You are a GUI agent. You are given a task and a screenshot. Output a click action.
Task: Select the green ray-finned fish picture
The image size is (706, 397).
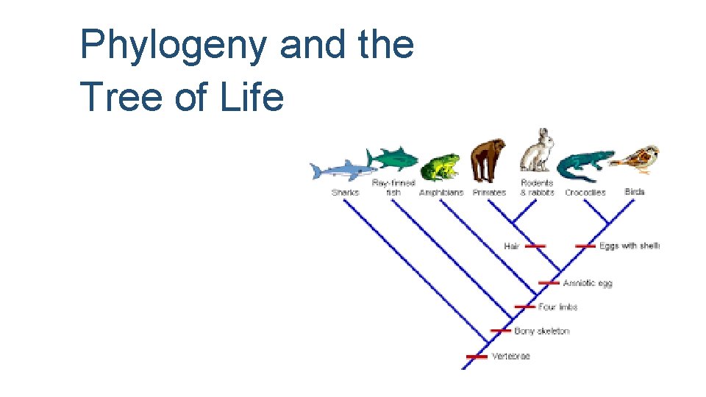pyautogui.click(x=393, y=159)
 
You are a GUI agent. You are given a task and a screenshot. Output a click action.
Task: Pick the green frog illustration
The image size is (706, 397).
pyautogui.click(x=440, y=168)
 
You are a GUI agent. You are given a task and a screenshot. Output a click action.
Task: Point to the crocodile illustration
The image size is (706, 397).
pyautogui.click(x=585, y=165)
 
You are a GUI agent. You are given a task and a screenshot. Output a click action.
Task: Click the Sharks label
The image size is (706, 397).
pyautogui.click(x=345, y=193)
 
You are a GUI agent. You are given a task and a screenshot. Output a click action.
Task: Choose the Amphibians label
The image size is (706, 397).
pyautogui.click(x=441, y=193)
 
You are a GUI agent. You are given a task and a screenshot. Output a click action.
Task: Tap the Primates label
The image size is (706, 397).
pyautogui.click(x=489, y=193)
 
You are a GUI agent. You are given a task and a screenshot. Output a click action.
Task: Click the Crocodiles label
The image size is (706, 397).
pyautogui.click(x=585, y=193)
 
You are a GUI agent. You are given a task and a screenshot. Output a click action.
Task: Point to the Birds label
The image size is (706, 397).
pyautogui.click(x=635, y=192)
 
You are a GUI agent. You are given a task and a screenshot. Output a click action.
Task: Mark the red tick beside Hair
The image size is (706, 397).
pyautogui.click(x=535, y=246)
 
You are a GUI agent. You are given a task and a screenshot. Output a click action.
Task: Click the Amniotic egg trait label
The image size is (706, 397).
pyautogui.click(x=588, y=283)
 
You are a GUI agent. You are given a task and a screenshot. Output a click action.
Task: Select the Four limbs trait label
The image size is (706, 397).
pyautogui.click(x=557, y=307)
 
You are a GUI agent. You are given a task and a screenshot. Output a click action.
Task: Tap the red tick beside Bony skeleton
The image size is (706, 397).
pyautogui.click(x=501, y=331)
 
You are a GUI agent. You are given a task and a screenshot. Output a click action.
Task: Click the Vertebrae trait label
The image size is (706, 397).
pyautogui.click(x=510, y=357)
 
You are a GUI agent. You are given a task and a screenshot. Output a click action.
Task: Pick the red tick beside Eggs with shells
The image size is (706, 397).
pyautogui.click(x=585, y=246)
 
